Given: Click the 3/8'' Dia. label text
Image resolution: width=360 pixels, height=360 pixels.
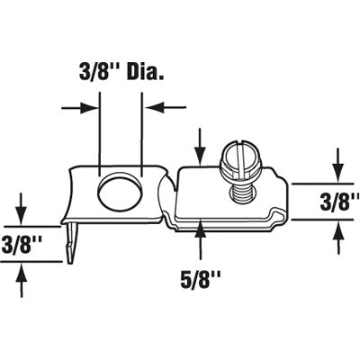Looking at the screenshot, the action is [121, 71].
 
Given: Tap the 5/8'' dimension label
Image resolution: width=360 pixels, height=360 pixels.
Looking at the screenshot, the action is [201, 279].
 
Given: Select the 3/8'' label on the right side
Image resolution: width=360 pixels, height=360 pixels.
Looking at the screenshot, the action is [339, 202].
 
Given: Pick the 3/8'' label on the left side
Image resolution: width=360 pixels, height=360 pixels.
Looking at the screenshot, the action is [21, 244].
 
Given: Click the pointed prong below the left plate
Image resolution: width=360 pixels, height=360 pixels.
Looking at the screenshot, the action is [71, 242].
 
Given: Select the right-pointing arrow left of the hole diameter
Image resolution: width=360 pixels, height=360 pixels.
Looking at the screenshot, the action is [80, 108].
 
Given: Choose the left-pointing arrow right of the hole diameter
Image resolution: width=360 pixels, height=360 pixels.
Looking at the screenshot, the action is [166, 107].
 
